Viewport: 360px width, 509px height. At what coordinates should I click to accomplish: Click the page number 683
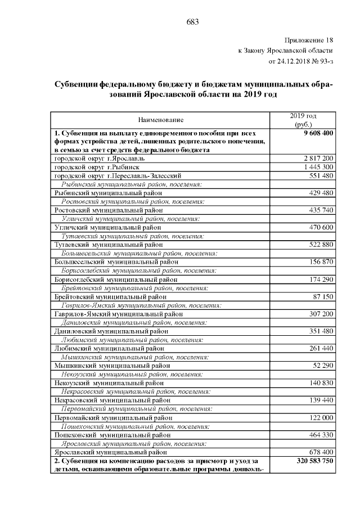click(192, 21)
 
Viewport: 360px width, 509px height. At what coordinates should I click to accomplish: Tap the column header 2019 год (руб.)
click(304, 120)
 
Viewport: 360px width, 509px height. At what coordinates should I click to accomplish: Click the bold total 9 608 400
click(318, 133)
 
